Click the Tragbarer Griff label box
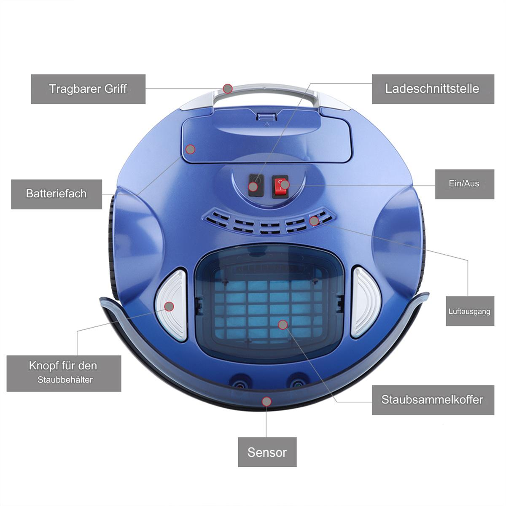pos(88,89)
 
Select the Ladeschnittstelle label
pos(433,89)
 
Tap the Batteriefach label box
pos(57,194)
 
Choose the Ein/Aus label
pos(465,184)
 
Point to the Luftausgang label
pos(470,311)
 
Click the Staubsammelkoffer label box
pos(433,400)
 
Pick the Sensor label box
pos(267,452)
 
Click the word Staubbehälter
pos(65,379)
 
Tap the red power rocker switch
pos(280,186)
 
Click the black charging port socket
pos(256,185)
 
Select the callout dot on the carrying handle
pos(228,89)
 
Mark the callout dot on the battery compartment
pos(190,149)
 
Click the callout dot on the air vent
pos(314,221)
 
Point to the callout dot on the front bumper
pos(266,401)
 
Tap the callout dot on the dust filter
pos(283,325)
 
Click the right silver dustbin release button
pos(365,302)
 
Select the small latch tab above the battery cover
pos(267,117)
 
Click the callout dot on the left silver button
pos(169,306)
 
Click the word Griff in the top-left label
pos(116,89)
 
